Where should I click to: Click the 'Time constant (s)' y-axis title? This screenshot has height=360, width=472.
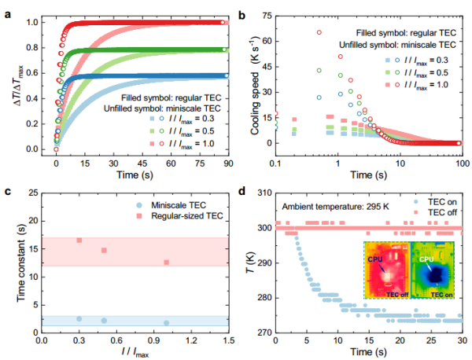(17, 263)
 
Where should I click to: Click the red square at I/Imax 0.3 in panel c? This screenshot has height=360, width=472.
(79, 241)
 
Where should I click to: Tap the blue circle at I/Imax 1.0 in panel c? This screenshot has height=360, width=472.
(166, 322)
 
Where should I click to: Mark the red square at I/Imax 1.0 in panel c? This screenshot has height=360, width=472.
(166, 263)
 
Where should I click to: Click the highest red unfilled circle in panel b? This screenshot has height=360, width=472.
(319, 33)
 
